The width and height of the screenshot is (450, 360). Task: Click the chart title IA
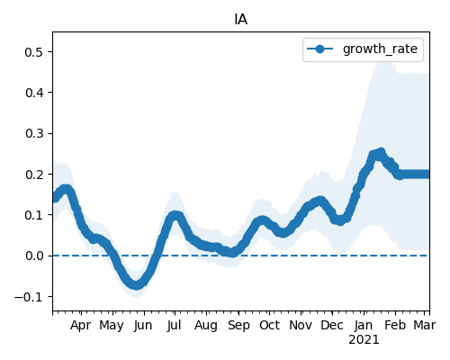[241, 20]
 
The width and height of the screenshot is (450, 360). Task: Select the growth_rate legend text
[380, 49]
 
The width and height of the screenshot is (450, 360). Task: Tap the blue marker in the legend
[319, 49]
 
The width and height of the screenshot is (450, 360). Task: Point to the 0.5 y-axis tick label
[33, 52]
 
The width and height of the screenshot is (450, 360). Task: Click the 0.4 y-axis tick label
[33, 93]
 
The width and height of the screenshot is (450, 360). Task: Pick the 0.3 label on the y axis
[33, 133]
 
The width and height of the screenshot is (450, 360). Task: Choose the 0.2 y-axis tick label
[33, 175]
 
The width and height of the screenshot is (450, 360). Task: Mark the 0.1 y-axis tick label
[33, 215]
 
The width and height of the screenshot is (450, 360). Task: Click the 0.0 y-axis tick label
[33, 256]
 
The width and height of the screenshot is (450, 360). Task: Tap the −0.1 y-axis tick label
[29, 297]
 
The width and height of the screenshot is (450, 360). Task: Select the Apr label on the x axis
[81, 326]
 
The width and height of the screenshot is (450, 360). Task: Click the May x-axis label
[112, 326]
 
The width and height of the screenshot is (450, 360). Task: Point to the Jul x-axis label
[175, 325]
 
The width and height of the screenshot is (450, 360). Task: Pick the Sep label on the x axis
[238, 326]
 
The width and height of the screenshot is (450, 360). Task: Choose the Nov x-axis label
[301, 325]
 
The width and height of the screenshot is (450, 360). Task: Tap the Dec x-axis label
[332, 325]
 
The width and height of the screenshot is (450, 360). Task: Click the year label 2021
[364, 340]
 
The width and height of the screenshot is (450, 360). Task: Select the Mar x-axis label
[425, 325]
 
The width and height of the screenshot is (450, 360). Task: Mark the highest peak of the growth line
[382, 152]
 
